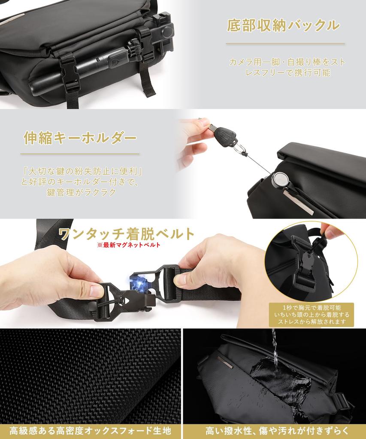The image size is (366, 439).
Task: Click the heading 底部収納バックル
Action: click(283, 26)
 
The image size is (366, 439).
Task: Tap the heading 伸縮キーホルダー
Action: click(80, 138)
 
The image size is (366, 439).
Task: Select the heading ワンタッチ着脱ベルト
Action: click(127, 234)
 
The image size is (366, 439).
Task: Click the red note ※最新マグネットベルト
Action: click(129, 245)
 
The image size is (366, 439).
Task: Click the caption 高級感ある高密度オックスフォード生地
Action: click(90, 430)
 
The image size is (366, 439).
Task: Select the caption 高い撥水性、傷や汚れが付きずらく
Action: click(277, 430)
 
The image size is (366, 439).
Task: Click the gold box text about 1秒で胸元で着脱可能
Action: click(312, 315)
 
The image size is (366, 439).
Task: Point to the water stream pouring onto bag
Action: click(275, 349)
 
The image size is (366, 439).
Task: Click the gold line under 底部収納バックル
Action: click(285, 44)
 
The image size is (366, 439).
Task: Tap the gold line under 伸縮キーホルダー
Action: click(80, 154)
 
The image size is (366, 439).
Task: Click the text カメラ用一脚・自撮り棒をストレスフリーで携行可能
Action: click(287, 67)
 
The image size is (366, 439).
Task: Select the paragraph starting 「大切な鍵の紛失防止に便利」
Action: click(81, 182)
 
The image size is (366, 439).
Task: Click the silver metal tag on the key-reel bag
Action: click(298, 203)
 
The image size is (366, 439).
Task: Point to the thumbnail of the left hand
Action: click(96, 291)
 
